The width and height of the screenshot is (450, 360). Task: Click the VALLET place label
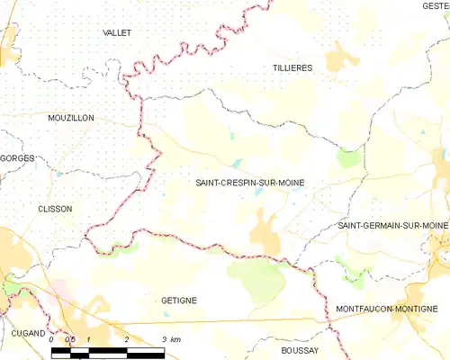pyautogui.click(x=117, y=32)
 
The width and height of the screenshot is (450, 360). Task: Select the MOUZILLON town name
pyautogui.click(x=71, y=118)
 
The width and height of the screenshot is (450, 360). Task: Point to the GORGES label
pyautogui.click(x=17, y=158)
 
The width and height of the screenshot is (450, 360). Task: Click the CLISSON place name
pyautogui.click(x=55, y=208)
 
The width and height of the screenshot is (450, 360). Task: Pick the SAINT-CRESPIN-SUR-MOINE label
pyautogui.click(x=249, y=183)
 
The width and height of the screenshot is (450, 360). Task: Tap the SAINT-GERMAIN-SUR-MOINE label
pyautogui.click(x=392, y=225)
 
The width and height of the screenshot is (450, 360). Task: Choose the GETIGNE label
pyautogui.click(x=179, y=301)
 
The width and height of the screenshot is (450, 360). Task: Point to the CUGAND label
pyautogui.click(x=28, y=333)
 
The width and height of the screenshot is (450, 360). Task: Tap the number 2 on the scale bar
pyautogui.click(x=127, y=339)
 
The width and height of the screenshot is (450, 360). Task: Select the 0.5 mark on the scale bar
pyautogui.click(x=70, y=339)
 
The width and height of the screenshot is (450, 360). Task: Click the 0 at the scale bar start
pyautogui.click(x=52, y=339)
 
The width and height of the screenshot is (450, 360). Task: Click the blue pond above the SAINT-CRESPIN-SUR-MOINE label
pyautogui.click(x=236, y=164)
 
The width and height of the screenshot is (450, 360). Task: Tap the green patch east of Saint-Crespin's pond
pyautogui.click(x=348, y=158)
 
